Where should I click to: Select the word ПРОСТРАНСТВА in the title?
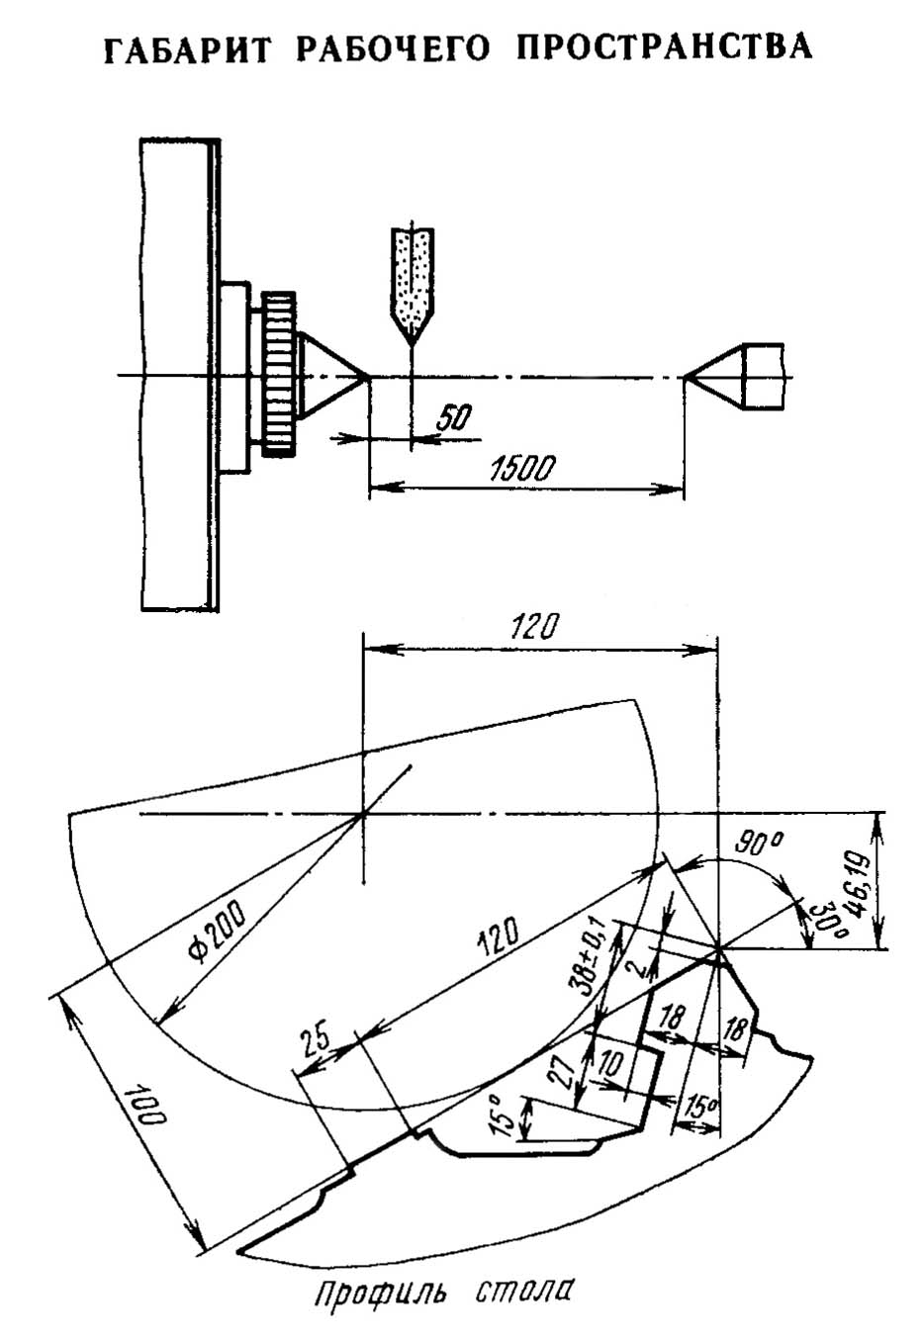click(665, 46)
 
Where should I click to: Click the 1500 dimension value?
click(521, 469)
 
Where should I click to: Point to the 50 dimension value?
click(454, 417)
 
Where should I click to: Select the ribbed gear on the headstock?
click(280, 375)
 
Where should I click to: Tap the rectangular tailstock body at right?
click(762, 377)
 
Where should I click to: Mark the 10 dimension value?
click(611, 1065)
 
